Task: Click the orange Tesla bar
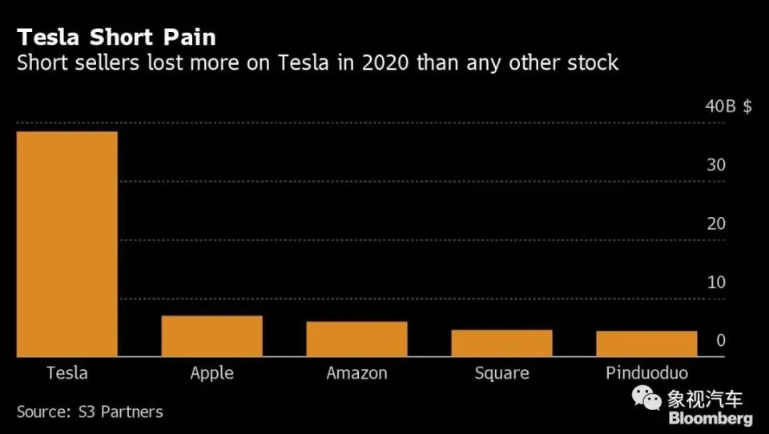tap(67, 244)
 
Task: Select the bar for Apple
tap(212, 336)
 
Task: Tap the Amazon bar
tap(356, 339)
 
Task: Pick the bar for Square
tap(501, 343)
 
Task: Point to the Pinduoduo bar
tap(646, 344)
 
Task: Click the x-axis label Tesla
tap(67, 373)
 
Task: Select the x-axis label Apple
tap(212, 373)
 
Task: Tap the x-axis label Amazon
tap(356, 373)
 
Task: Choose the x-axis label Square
tap(501, 373)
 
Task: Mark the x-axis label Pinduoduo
tap(646, 373)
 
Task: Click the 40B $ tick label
tap(727, 106)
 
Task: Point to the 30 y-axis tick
tap(716, 166)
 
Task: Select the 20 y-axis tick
tap(716, 224)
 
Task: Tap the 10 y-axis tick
tap(716, 283)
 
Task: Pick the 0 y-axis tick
tap(721, 341)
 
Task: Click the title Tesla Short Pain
tap(116, 38)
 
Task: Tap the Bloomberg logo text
tap(711, 419)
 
